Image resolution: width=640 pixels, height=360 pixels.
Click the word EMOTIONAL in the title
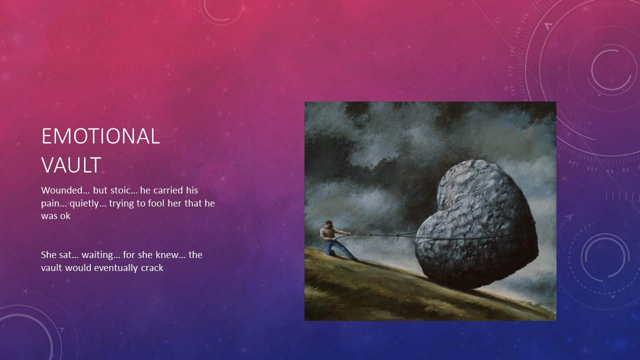(x=100, y=136)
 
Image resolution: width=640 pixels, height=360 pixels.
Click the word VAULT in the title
(x=71, y=165)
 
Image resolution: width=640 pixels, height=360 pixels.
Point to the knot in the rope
(x=397, y=236)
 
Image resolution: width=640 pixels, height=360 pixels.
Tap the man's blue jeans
(x=338, y=248)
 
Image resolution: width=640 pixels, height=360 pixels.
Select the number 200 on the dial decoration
(x=525, y=18)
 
